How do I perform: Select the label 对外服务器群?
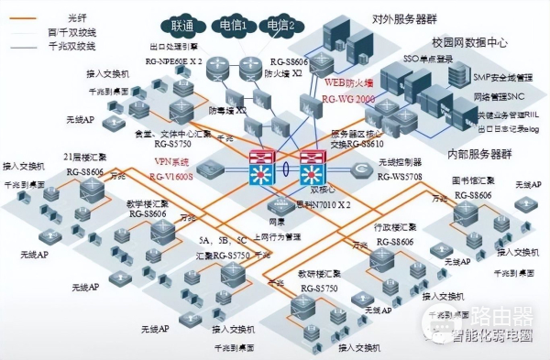coord(402,17)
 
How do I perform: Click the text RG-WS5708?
coord(403,174)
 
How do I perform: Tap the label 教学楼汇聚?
coord(148,203)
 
